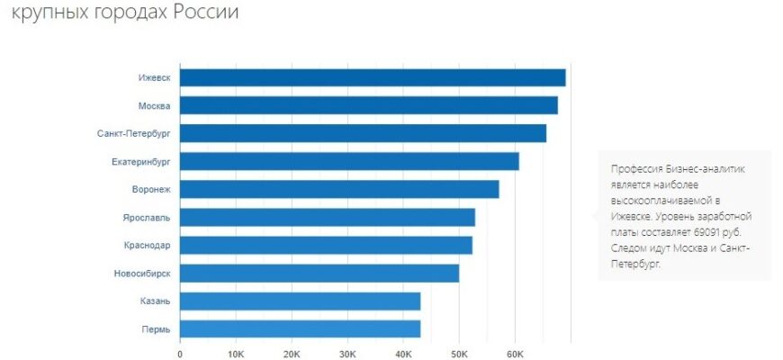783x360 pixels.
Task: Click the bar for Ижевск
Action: (373, 77)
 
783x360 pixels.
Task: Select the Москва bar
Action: (369, 105)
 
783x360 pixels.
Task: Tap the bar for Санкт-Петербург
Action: (363, 133)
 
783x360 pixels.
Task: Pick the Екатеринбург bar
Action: (349, 161)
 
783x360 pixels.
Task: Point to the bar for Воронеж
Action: (339, 189)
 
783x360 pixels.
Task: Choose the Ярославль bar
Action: (328, 217)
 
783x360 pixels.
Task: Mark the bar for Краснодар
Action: (326, 245)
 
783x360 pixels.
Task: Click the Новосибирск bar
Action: (319, 273)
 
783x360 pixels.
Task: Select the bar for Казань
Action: (300, 301)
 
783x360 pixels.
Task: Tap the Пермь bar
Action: (300, 328)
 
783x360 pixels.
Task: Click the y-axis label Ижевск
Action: (154, 77)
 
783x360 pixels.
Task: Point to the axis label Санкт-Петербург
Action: (134, 133)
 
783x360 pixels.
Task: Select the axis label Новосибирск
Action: (142, 273)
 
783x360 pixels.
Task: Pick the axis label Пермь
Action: (156, 328)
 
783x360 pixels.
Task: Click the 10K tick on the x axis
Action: (236, 354)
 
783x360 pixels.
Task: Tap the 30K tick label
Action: (347, 354)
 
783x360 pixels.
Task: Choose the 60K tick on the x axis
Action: (515, 354)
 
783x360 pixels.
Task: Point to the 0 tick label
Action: (180, 354)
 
